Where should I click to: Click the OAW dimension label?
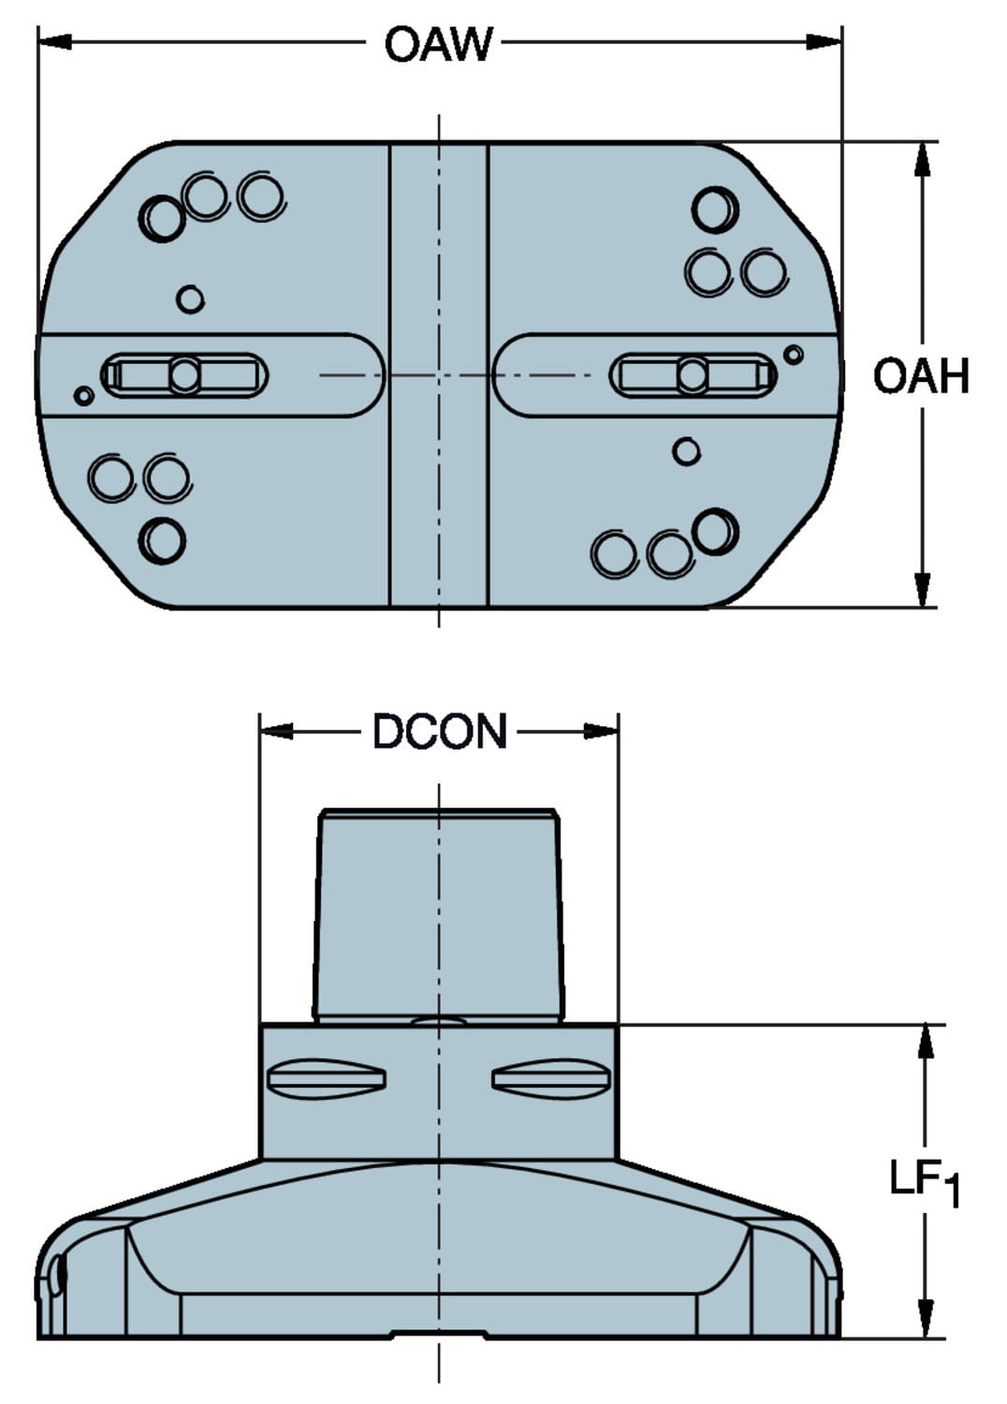[438, 43]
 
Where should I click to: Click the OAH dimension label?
[921, 376]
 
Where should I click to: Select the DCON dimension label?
[439, 731]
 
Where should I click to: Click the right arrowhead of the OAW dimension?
[823, 42]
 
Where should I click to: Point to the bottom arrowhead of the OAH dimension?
[923, 590]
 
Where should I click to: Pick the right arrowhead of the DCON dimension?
[600, 731]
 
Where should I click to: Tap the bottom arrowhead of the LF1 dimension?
[926, 1319]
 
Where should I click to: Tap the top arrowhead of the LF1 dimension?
[926, 1043]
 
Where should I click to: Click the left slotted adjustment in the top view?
[184, 375]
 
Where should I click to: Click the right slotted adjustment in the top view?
[693, 375]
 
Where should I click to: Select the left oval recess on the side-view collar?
[326, 1079]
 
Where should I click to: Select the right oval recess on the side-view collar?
[552, 1079]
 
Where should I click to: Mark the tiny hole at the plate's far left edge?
[83, 396]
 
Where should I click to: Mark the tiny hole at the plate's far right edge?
[793, 355]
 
